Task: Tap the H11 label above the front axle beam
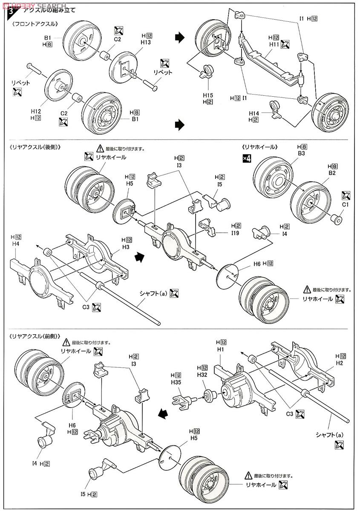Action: coord(274,44)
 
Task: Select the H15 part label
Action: coord(207,95)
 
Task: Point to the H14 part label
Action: coord(254,113)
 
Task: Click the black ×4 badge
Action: coord(247,159)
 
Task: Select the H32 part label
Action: coord(202,374)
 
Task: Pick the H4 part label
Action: coord(16,244)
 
